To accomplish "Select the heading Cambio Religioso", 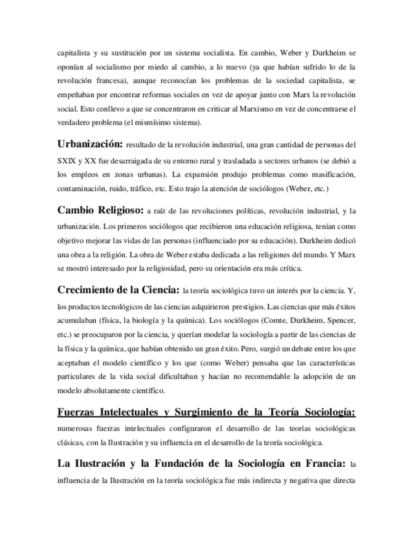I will (x=100, y=210).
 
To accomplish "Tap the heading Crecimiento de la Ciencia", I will (x=118, y=290).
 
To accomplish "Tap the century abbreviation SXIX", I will (x=67, y=161).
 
